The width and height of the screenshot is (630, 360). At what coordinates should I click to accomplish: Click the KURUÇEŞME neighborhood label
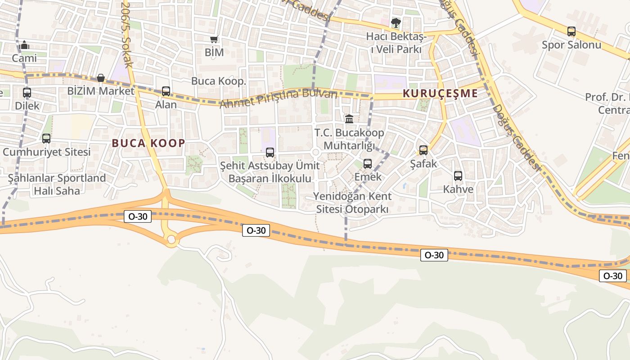click(x=440, y=94)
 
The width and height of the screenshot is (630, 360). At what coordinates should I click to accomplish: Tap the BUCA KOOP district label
click(x=148, y=143)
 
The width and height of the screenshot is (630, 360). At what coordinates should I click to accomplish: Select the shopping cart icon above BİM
click(x=214, y=40)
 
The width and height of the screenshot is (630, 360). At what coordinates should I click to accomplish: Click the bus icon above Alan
click(x=166, y=91)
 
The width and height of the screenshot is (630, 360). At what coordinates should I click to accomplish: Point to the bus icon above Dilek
click(x=27, y=93)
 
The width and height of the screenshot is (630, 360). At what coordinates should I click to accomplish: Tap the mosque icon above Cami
click(x=25, y=45)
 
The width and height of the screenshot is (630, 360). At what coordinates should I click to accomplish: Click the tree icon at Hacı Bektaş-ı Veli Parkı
click(x=396, y=23)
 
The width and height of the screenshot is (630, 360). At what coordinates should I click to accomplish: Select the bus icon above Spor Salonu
click(x=571, y=31)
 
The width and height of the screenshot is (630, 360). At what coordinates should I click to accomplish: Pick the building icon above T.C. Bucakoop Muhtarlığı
click(x=349, y=119)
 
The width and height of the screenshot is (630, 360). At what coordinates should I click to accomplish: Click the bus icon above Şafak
click(x=423, y=150)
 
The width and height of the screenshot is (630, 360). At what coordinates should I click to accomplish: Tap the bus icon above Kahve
click(x=458, y=176)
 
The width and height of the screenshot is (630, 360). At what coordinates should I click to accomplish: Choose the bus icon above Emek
click(x=368, y=164)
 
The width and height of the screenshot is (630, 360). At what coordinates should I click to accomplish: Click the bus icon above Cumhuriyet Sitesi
click(x=46, y=139)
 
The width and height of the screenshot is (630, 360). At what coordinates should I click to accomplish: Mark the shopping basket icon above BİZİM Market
click(x=101, y=78)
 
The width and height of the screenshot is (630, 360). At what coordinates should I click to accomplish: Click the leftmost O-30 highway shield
click(x=138, y=216)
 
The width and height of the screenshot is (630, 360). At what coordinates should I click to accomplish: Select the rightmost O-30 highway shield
click(x=613, y=276)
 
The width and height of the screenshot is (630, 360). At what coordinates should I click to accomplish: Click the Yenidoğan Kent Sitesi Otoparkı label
click(x=352, y=203)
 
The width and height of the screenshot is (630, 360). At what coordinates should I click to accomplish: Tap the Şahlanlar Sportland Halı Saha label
click(x=57, y=184)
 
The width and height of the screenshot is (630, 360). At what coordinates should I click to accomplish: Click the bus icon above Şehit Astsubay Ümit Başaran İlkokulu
click(x=270, y=153)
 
